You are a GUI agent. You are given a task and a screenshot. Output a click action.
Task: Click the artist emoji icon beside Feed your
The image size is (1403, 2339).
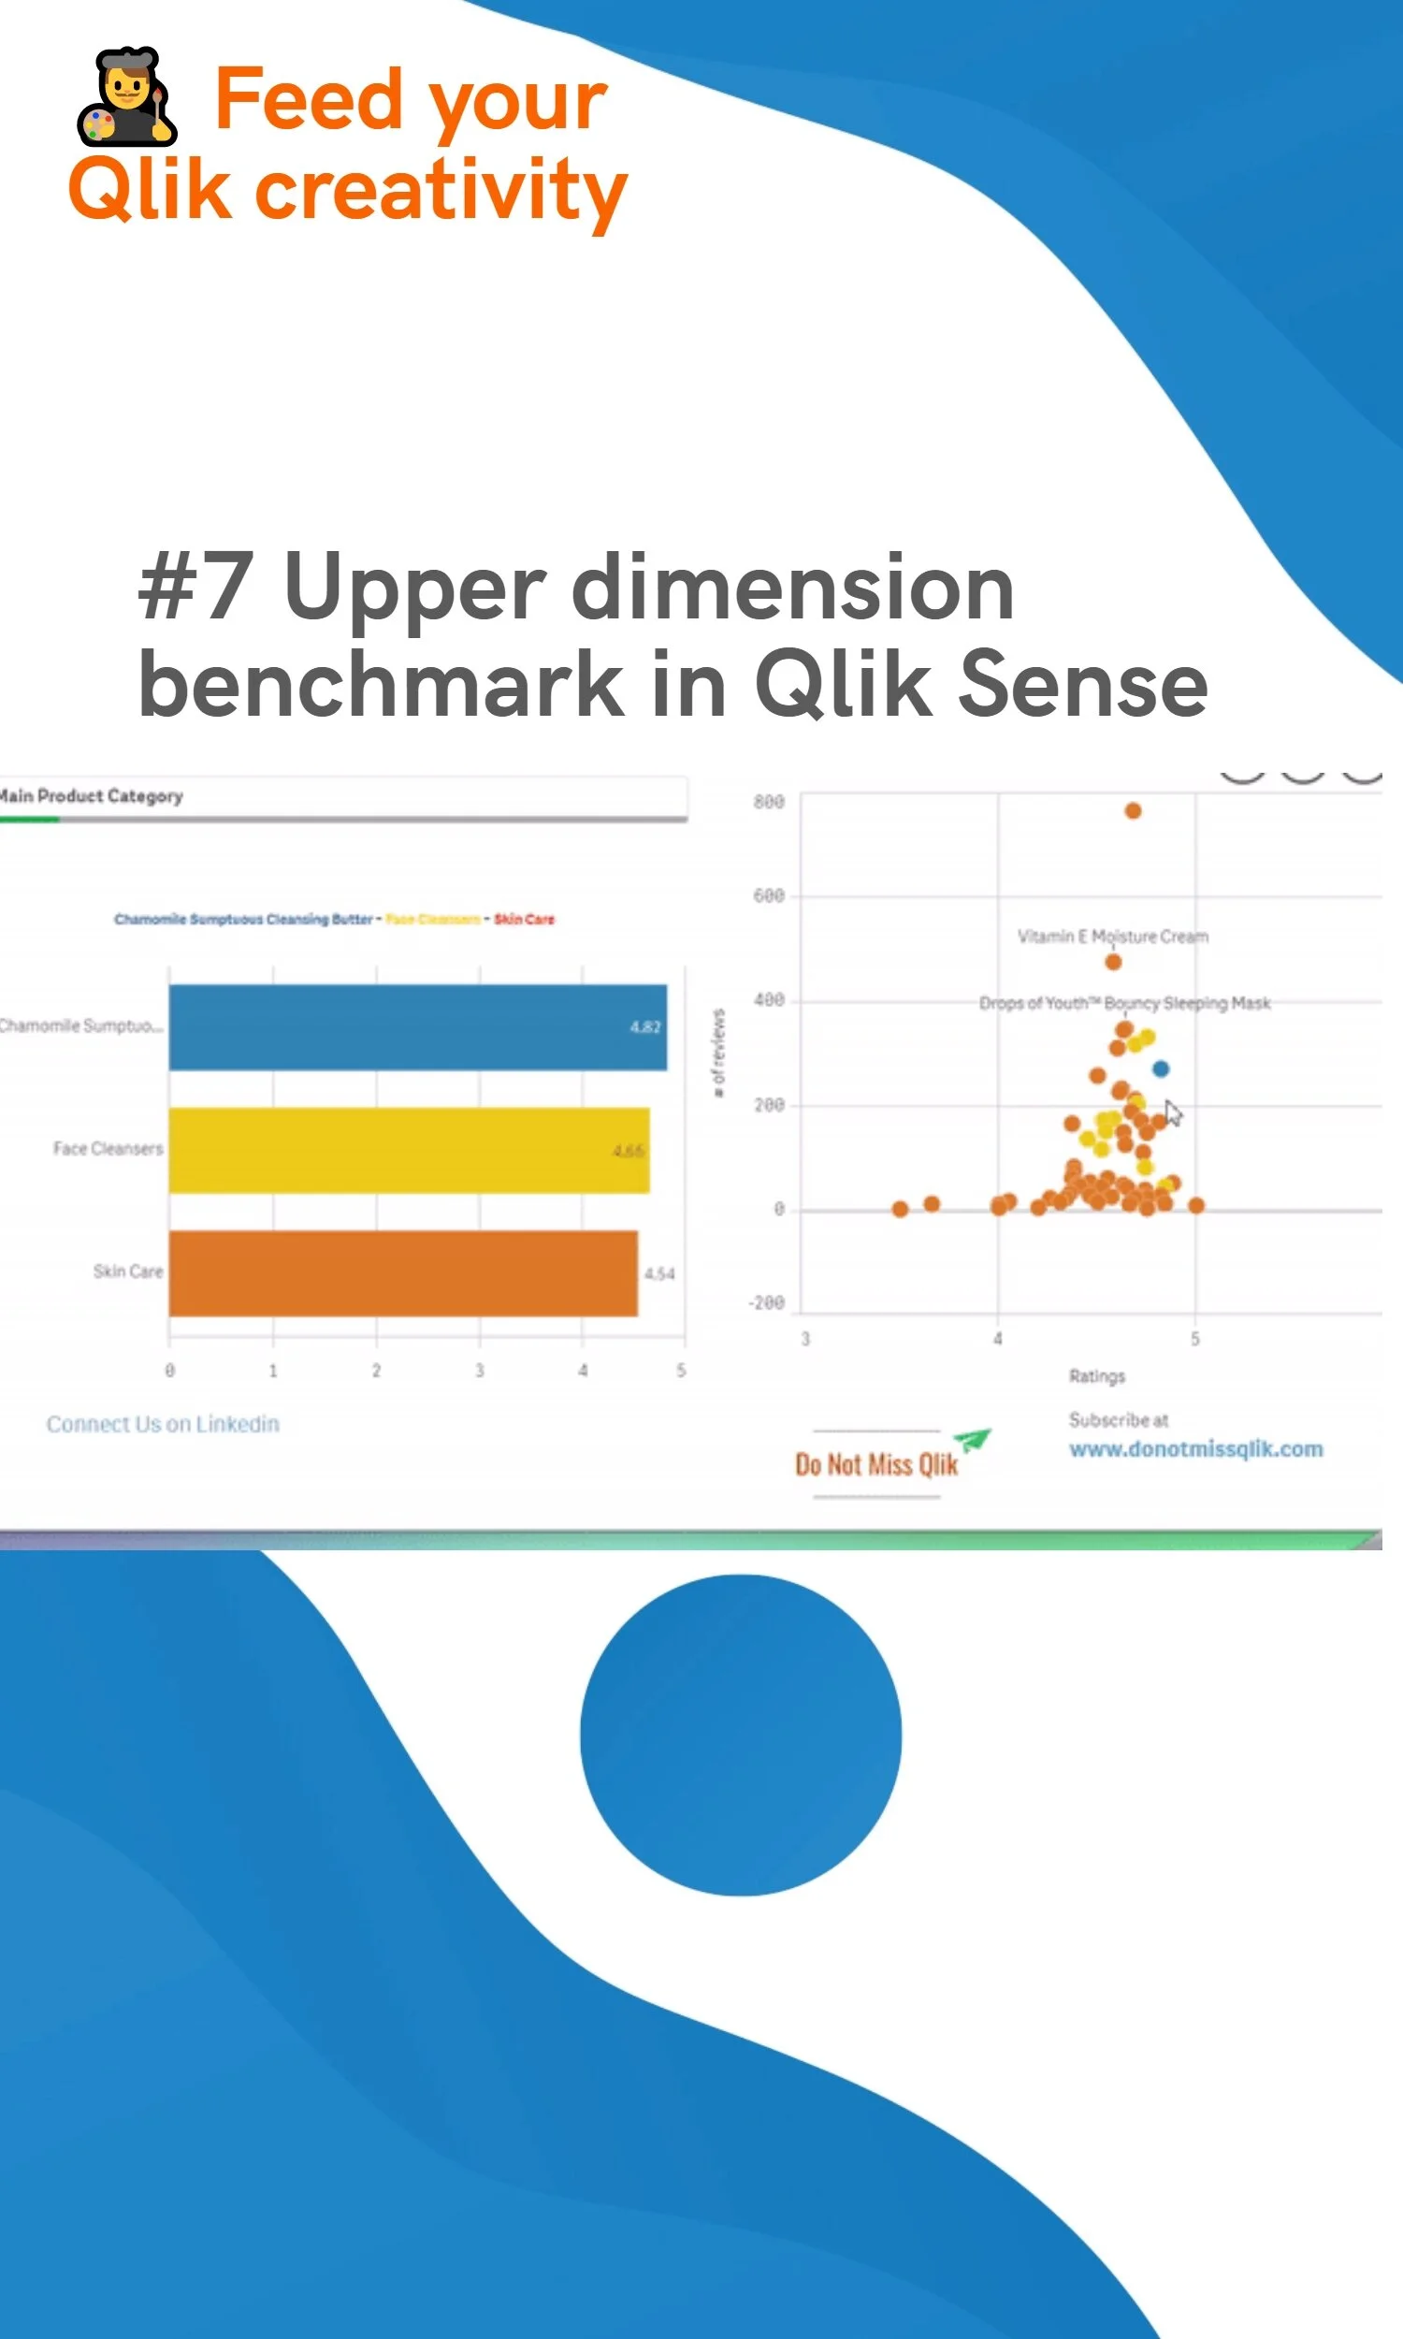coord(125,96)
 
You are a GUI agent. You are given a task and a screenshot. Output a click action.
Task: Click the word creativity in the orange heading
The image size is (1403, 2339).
coord(441,189)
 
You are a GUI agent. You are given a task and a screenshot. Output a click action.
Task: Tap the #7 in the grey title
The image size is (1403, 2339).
coord(195,588)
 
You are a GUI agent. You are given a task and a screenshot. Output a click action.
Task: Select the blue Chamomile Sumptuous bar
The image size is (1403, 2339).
coord(417,1026)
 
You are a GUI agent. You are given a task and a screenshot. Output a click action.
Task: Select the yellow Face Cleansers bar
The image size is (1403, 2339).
coord(409,1150)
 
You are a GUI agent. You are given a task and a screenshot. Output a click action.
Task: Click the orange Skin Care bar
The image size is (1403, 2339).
coord(403,1272)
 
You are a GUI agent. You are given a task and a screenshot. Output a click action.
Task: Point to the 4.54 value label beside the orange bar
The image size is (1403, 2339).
coord(659,1273)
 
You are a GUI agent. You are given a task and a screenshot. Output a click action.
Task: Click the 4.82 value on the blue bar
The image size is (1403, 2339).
coord(644,1026)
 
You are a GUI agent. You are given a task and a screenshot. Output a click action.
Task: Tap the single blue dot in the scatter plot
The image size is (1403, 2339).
coord(1160,1068)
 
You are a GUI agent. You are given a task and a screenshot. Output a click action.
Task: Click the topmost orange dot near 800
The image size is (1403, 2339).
coord(1133,810)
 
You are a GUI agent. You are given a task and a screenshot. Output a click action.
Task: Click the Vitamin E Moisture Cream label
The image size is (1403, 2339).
coord(1112,936)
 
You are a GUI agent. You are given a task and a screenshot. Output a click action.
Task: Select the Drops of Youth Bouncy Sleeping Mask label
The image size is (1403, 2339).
coord(1124,1002)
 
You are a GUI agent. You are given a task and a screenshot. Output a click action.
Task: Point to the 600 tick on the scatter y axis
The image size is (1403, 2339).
coord(769,895)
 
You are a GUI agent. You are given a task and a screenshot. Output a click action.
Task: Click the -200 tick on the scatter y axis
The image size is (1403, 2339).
coord(767,1302)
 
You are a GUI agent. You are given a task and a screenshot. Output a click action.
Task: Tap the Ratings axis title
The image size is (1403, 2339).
coord(1097,1375)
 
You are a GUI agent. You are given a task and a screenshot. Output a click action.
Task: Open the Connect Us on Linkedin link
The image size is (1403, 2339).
coord(163,1424)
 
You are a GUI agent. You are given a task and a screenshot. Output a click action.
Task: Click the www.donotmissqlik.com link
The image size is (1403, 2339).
coord(1195,1448)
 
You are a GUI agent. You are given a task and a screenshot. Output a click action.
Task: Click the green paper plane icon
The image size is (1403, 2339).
coord(972,1439)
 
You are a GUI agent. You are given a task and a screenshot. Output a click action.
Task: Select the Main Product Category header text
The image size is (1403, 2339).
coord(92,796)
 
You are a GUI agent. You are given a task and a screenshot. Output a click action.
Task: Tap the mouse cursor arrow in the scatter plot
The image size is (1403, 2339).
coord(1172,1111)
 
